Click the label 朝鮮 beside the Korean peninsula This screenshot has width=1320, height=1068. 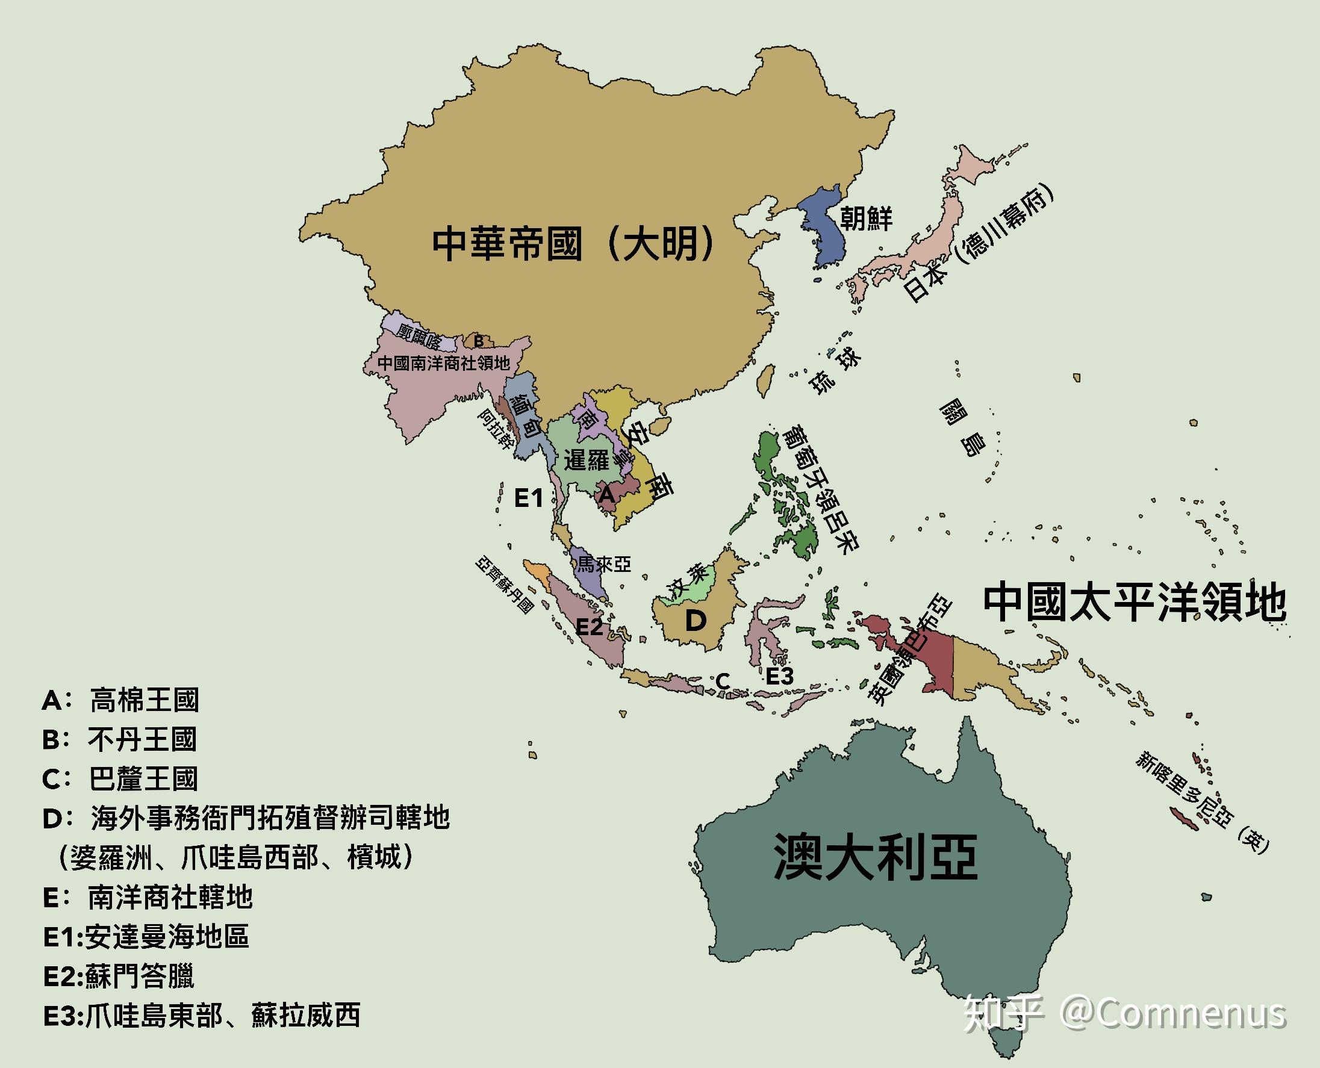(866, 218)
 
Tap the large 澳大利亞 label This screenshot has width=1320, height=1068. (875, 857)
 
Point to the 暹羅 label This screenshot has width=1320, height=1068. (586, 459)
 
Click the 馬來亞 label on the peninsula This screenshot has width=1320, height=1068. (603, 563)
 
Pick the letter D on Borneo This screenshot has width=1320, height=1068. (696, 621)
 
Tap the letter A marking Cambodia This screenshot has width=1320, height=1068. (607, 494)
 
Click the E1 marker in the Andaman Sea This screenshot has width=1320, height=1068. (529, 498)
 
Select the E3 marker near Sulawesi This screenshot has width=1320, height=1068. (780, 676)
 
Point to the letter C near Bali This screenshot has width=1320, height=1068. (723, 681)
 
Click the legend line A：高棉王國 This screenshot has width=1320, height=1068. (120, 700)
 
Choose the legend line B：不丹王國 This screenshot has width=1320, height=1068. (119, 739)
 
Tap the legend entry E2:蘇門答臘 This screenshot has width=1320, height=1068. (119, 976)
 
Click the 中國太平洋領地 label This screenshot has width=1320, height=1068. (1134, 603)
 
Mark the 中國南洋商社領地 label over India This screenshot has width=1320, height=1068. (444, 363)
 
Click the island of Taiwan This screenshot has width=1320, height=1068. (765, 380)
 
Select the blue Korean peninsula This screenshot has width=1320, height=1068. (823, 225)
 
